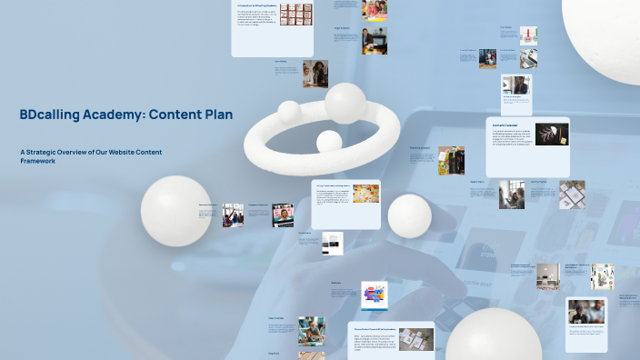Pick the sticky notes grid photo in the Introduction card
point(295,14)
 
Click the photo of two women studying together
point(315,74)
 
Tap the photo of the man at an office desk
point(375,40)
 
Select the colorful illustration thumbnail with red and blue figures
point(375,295)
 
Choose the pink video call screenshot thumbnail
point(283,215)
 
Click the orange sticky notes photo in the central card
point(365,196)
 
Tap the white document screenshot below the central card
point(333,244)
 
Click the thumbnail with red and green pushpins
point(528,35)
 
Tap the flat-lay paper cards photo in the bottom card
point(416,339)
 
